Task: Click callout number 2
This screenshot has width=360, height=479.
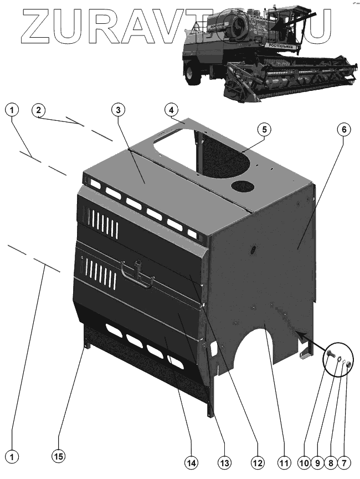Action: pyautogui.click(x=38, y=110)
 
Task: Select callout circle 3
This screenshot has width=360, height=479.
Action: pyautogui.click(x=117, y=109)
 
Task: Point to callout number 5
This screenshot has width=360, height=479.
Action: pyautogui.click(x=264, y=129)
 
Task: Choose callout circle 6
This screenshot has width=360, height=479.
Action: pyautogui.click(x=343, y=129)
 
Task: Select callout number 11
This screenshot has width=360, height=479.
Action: pyautogui.click(x=283, y=461)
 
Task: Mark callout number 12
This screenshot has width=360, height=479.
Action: pyautogui.click(x=256, y=461)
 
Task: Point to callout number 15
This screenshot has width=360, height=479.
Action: pyautogui.click(x=58, y=456)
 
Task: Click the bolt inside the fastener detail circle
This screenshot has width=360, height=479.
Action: pyautogui.click(x=331, y=355)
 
